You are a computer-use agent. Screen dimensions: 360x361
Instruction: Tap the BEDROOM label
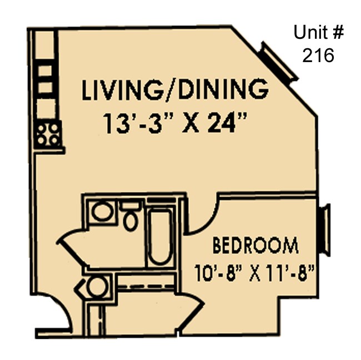(x=255, y=245)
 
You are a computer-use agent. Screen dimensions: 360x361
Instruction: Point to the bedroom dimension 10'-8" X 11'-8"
(x=255, y=272)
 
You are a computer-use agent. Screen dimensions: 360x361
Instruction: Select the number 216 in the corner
(x=318, y=55)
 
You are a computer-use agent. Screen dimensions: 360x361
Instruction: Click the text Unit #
(x=318, y=33)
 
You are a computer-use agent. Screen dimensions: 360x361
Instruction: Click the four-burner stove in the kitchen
(x=48, y=134)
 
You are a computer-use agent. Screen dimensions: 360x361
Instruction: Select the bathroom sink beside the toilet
(x=101, y=211)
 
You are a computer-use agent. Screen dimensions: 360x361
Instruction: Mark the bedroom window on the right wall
(x=326, y=230)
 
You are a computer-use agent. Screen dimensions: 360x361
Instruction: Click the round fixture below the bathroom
(x=97, y=287)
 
